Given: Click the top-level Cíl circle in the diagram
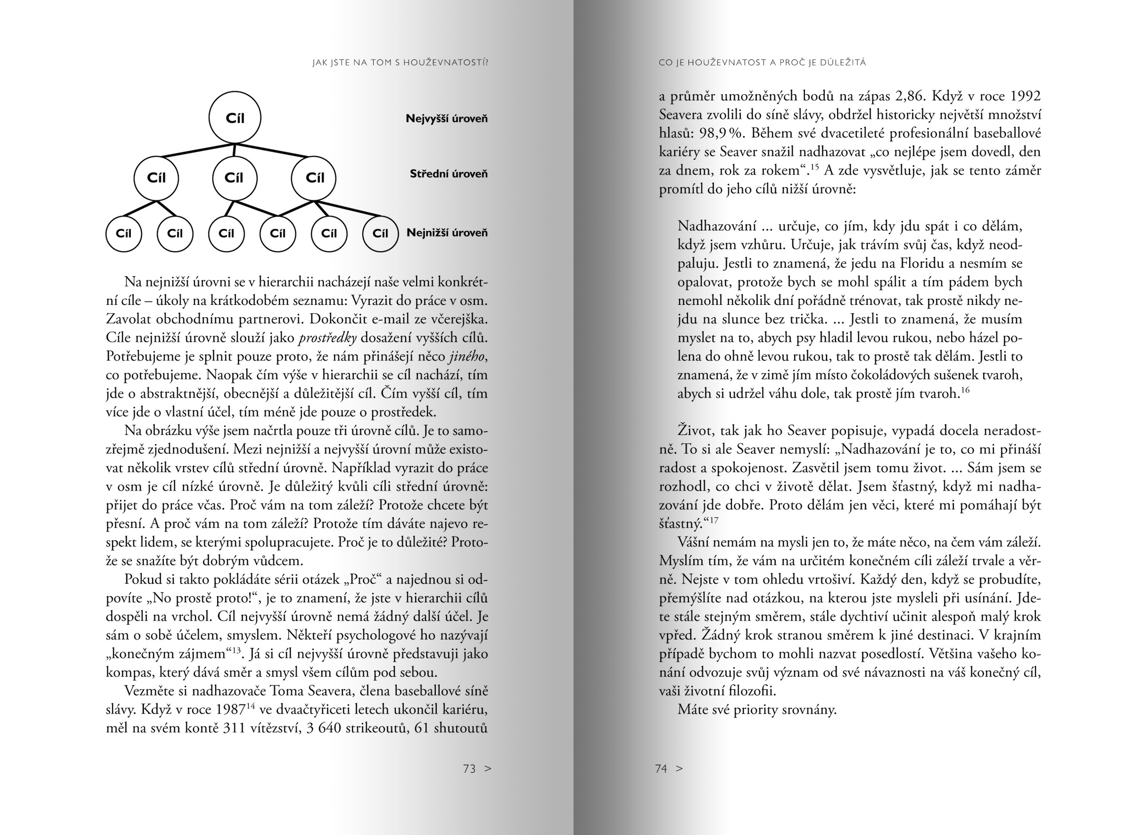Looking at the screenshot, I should click(234, 118).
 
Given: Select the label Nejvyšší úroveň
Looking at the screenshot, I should click(447, 119).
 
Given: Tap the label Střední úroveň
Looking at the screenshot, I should click(449, 174).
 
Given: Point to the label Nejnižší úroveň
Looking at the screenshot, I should click(447, 233).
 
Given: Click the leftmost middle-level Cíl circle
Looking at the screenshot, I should click(156, 178).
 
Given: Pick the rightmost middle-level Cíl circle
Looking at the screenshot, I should click(314, 178).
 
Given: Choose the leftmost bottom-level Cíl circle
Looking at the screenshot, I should click(123, 233).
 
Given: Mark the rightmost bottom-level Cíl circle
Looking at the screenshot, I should click(381, 233).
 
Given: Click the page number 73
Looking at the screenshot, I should click(469, 769).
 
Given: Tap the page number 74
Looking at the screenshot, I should click(661, 769).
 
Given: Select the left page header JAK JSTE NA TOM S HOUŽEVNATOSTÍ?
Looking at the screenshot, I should click(400, 63).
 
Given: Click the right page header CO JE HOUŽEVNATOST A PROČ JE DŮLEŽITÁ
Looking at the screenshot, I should click(762, 63).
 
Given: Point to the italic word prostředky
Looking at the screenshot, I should click(328, 338).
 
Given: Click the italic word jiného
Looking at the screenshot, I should click(467, 356).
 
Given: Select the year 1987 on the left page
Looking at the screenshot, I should click(230, 710).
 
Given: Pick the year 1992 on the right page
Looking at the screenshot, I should click(1025, 96).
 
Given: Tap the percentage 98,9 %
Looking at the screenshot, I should click(720, 134).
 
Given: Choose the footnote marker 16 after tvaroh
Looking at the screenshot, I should click(965, 390).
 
